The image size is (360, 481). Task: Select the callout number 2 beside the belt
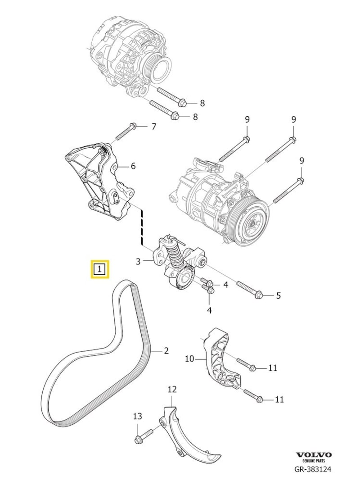[166, 350]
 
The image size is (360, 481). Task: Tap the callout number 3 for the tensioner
[139, 261]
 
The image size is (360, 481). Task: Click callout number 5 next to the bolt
[278, 295]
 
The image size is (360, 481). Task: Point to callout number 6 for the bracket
[133, 166]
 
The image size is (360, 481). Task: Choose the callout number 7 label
[153, 127]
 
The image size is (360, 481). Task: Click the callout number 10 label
[189, 358]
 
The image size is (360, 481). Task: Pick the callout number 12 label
[172, 389]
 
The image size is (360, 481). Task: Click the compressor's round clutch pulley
[247, 224]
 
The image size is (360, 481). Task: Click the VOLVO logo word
[314, 455]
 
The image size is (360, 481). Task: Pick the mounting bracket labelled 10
[221, 360]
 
